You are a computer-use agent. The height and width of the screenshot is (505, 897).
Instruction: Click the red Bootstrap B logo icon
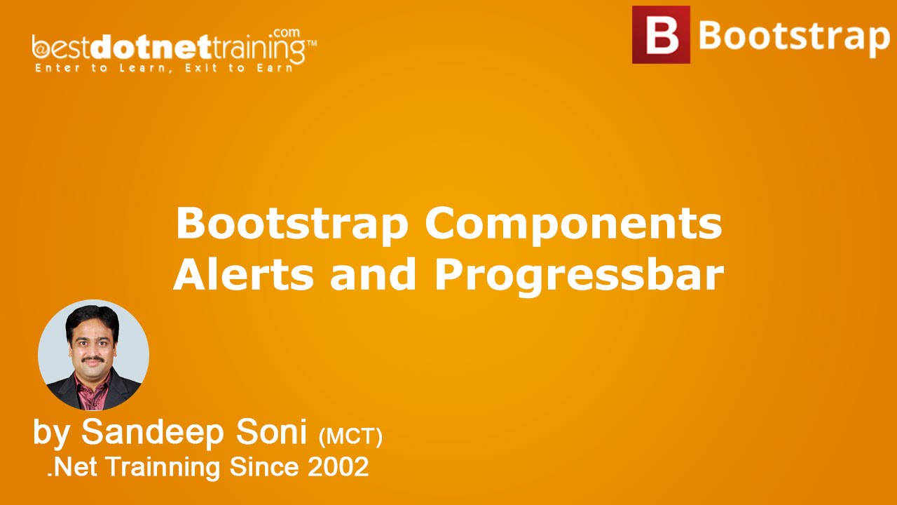coord(661,35)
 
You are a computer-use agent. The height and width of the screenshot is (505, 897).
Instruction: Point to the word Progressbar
coord(579,276)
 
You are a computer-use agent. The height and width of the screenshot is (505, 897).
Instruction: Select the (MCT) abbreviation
coord(350,436)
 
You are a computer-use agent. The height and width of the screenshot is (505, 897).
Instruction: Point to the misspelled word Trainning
coord(198,466)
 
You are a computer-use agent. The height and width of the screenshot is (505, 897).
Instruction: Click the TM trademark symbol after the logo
coord(312,43)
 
